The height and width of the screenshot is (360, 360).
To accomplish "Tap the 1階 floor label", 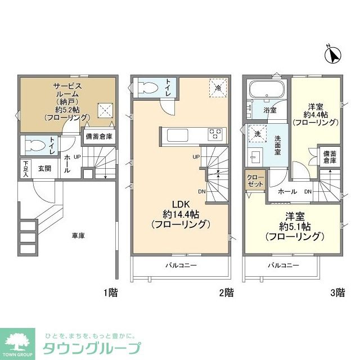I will [x=111, y=292].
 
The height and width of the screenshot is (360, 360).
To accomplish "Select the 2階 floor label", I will [x=226, y=292].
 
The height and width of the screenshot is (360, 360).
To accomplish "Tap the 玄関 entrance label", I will [x=45, y=168].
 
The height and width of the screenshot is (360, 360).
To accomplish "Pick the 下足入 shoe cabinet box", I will [x=25, y=168].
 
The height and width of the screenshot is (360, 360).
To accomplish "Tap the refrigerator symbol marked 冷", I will [x=217, y=88].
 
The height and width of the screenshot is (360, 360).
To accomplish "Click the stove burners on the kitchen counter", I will [x=215, y=134].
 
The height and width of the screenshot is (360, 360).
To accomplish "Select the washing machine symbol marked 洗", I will [x=256, y=135].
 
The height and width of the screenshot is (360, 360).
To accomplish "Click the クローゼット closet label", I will [x=255, y=181].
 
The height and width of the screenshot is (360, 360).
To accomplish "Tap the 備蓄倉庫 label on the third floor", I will [x=329, y=156].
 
